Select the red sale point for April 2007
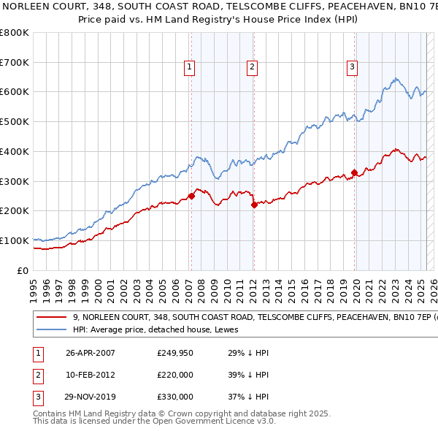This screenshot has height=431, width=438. point(191,196)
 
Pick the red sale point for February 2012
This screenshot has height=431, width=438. point(254,205)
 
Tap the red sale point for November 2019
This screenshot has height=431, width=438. point(354,172)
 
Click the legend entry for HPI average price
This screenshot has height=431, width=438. point(140,329)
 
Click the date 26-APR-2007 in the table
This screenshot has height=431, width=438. point(91,353)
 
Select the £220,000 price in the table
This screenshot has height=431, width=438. point(174,375)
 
